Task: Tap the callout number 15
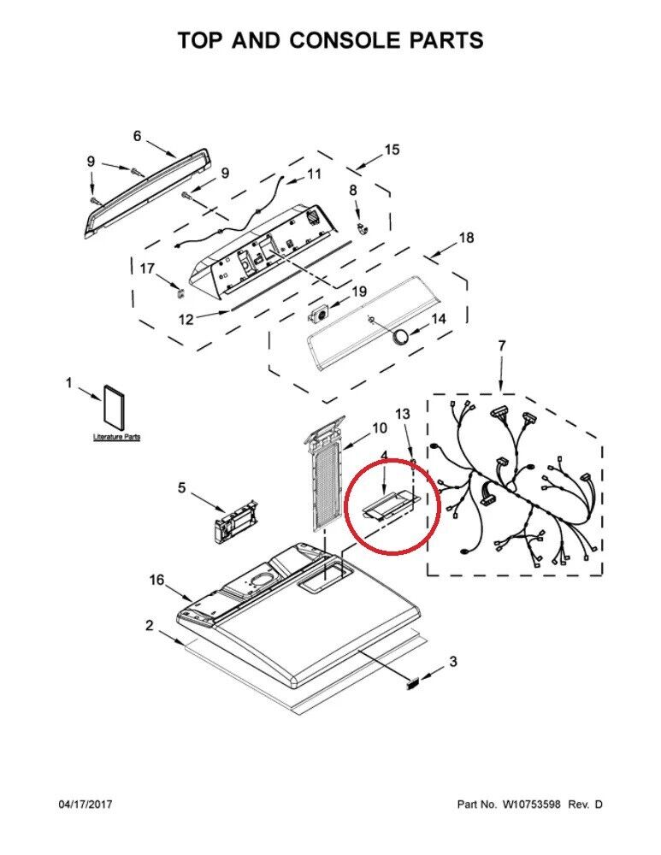(x=392, y=150)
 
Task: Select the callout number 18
(x=466, y=238)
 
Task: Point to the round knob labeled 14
(x=401, y=337)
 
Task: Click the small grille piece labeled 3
(x=413, y=682)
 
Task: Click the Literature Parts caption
(x=116, y=437)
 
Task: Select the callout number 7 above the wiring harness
(x=501, y=345)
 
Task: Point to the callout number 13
(x=402, y=414)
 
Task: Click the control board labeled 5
(x=235, y=522)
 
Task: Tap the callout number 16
(x=156, y=580)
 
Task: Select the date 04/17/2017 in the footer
(x=85, y=805)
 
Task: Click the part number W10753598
(x=531, y=805)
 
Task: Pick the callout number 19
(x=359, y=292)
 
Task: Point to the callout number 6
(x=137, y=136)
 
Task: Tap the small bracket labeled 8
(x=362, y=227)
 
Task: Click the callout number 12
(x=186, y=319)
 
